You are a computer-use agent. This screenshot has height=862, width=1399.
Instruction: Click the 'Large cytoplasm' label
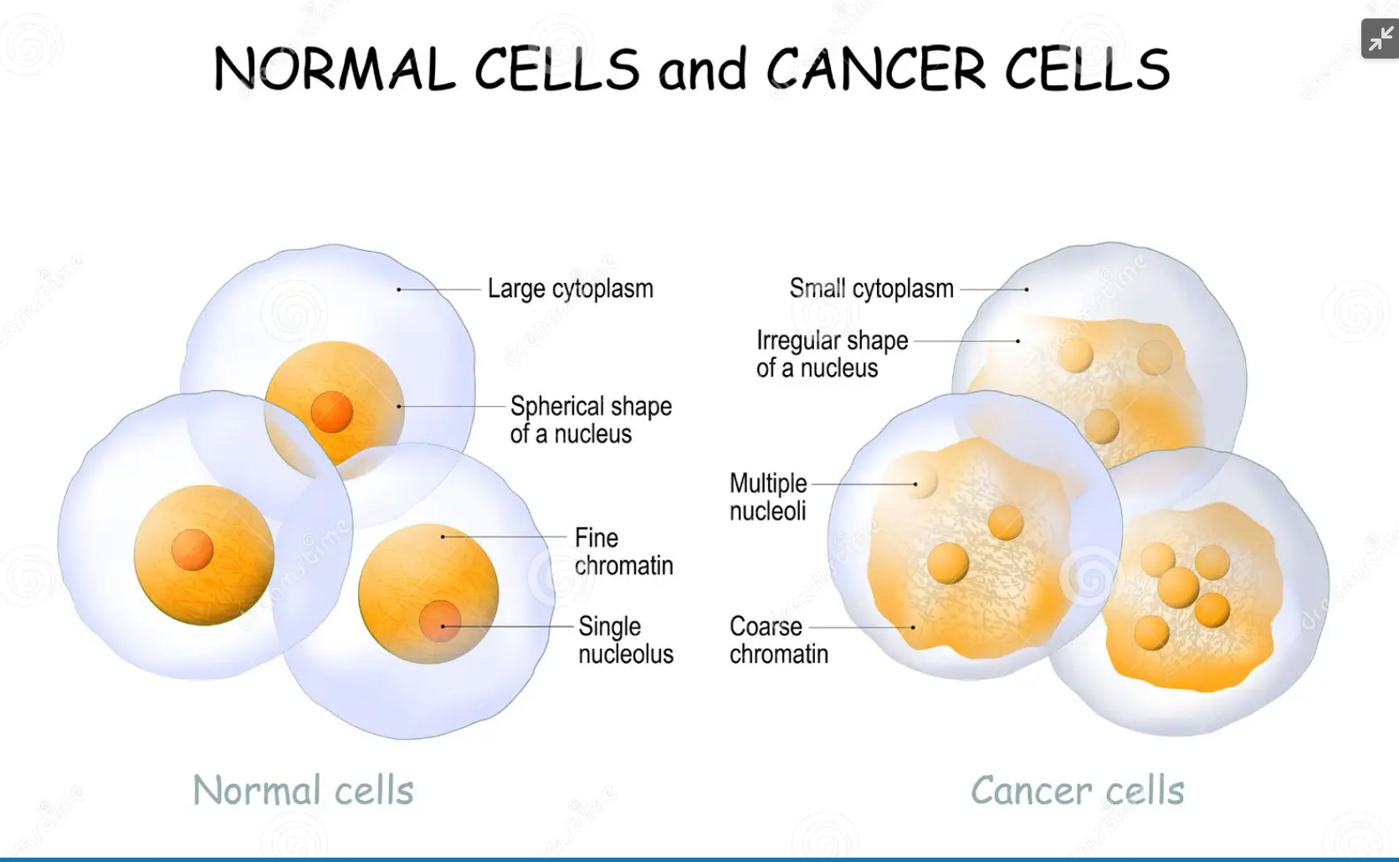pyautogui.click(x=570, y=289)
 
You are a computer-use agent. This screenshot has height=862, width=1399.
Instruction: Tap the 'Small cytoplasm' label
pyautogui.click(x=871, y=289)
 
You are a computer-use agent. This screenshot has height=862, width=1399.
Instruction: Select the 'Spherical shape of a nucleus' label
pyautogui.click(x=591, y=419)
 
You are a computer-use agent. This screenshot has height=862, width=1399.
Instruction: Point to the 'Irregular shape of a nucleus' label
pyautogui.click(x=832, y=354)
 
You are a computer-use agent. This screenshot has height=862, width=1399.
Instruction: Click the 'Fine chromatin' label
pyautogui.click(x=623, y=551)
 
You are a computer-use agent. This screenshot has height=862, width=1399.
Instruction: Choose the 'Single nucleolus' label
pyautogui.click(x=625, y=639)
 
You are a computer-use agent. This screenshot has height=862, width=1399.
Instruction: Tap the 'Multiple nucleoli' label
pyautogui.click(x=768, y=496)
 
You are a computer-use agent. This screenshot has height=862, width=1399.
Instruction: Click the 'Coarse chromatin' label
pyautogui.click(x=778, y=639)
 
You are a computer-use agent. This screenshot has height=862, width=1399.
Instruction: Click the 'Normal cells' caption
pyautogui.click(x=303, y=790)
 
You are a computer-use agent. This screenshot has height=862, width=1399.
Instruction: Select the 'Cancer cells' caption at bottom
pyautogui.click(x=1077, y=790)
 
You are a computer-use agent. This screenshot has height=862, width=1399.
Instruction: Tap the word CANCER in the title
pyautogui.click(x=876, y=69)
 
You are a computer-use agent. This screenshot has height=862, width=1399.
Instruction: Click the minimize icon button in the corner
pyautogui.click(x=1380, y=38)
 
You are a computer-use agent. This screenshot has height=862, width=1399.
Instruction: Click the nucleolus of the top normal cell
pyautogui.click(x=332, y=412)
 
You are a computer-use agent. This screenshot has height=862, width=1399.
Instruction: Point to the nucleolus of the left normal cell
pyautogui.click(x=192, y=551)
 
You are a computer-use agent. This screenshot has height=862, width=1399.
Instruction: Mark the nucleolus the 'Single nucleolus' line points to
pyautogui.click(x=439, y=621)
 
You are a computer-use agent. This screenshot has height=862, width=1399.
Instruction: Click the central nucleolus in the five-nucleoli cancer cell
pyautogui.click(x=1178, y=587)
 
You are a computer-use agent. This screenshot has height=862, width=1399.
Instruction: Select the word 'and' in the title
pyautogui.click(x=702, y=70)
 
